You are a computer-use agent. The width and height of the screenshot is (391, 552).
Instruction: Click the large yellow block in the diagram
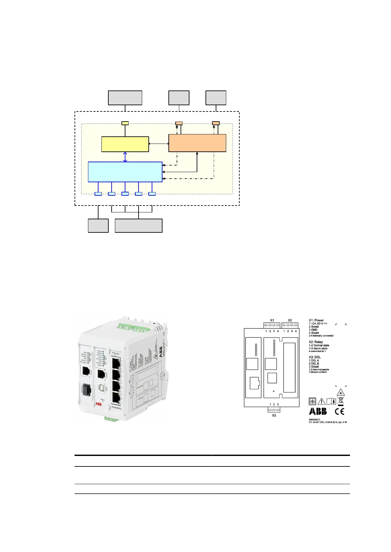point(125,144)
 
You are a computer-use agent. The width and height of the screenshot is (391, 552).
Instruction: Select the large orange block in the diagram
point(197,143)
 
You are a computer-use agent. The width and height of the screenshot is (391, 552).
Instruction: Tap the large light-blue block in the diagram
point(125,172)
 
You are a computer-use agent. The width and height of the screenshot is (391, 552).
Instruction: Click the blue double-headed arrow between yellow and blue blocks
point(125,157)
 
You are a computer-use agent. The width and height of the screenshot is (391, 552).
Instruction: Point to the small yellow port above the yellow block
point(125,123)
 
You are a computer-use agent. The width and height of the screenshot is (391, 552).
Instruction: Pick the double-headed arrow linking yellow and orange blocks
point(159,144)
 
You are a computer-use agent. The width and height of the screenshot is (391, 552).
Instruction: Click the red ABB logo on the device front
point(98,404)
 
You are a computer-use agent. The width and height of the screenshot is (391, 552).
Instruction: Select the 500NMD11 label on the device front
point(117,408)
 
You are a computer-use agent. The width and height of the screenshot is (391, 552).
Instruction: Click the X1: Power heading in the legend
point(316,320)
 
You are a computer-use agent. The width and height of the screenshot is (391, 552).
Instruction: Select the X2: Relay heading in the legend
point(316,342)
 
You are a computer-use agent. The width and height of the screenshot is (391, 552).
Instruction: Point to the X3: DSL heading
point(315,357)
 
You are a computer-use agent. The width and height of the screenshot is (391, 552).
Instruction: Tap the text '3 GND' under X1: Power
point(313,330)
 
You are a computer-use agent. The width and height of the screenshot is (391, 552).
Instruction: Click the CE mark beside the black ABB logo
point(339,411)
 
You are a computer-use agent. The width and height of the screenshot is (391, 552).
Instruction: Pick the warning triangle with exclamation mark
point(321,401)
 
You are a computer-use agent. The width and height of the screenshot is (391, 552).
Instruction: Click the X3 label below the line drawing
point(274,415)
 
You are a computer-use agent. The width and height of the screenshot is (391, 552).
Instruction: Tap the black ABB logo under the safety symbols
point(318,411)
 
